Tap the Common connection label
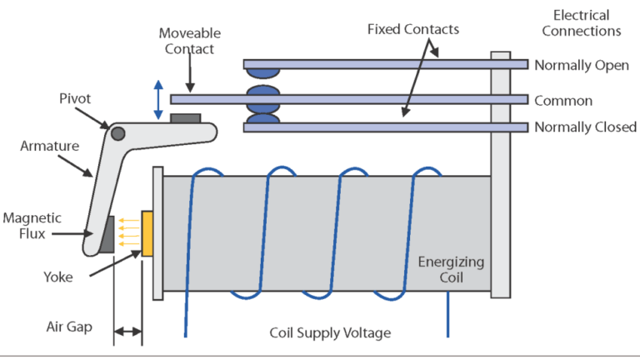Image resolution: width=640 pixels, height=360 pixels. pos(563,101)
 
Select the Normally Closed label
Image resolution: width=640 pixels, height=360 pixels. pos(585,127)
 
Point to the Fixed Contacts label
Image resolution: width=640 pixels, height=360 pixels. pos(413,30)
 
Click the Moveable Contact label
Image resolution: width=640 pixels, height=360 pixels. pos(189,41)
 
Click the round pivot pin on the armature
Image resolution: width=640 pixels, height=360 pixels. pos(118,133)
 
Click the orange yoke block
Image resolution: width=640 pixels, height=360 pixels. pos(147,234)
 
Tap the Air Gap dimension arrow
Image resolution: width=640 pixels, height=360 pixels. pos(127,332)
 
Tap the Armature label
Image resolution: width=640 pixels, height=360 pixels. pos(49,146)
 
